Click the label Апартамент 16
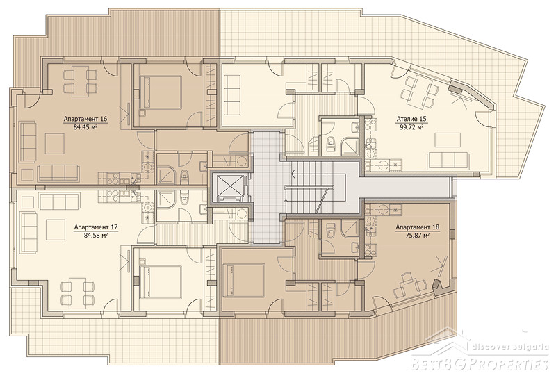tap(85, 119)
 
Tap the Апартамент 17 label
tap(96, 227)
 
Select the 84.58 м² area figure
tap(96, 235)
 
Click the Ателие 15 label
tap(411, 119)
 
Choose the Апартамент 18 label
tap(418, 227)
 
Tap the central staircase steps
tap(310, 188)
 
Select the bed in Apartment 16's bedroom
tap(161, 92)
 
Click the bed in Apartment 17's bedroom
tap(161, 282)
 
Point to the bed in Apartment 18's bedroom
tap(244, 280)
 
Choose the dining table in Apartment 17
tap(78, 293)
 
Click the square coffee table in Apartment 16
tap(55, 143)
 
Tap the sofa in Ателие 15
tap(448, 161)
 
